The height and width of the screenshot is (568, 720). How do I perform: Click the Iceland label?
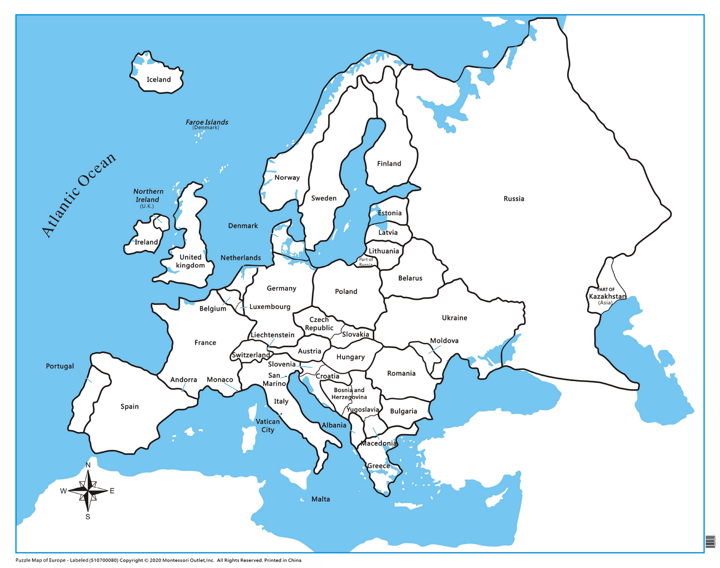coord(158,80)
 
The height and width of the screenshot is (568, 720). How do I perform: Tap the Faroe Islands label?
coord(207,123)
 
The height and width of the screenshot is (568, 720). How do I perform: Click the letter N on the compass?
coord(88,465)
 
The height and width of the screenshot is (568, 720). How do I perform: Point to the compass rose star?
coord(88,491)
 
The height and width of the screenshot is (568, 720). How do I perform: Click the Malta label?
coord(320,499)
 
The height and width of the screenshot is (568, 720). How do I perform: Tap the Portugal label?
coord(60,366)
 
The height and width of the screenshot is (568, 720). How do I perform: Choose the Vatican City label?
coord(268,426)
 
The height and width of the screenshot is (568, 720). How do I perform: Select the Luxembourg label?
coord(270,307)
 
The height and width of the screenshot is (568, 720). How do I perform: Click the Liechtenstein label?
coord(272,335)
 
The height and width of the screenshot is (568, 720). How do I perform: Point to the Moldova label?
coord(444,341)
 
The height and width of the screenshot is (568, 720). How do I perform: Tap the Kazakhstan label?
coord(607,296)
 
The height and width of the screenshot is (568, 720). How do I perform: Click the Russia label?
coord(514,199)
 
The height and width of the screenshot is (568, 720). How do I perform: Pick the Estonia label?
coord(389,213)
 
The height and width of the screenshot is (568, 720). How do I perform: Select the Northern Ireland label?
coord(148,196)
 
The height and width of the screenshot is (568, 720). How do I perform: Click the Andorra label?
coord(183,380)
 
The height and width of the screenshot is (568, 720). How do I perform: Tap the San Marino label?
coord(275,380)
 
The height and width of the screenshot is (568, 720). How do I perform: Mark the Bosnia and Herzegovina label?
coord(349,394)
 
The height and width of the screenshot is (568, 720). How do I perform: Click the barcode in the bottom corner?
coord(710,542)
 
